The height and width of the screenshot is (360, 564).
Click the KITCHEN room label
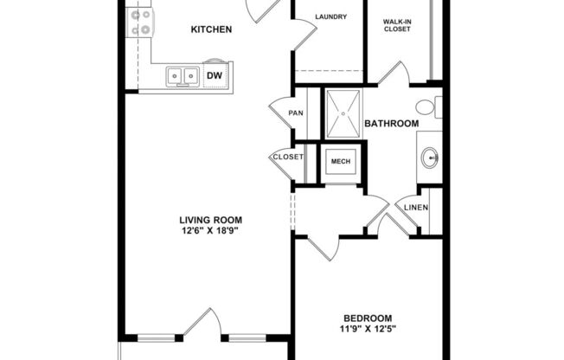211,30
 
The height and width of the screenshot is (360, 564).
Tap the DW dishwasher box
215,76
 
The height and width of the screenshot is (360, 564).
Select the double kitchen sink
183,77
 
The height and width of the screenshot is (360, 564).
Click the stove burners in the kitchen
140,22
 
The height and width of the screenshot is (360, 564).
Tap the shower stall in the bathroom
342,112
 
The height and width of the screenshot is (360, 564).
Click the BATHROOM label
391,124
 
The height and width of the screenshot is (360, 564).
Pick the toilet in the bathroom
426,108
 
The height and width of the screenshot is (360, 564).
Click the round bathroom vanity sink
430,158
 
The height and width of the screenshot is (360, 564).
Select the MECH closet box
338,161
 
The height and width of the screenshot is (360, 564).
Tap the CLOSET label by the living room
288,157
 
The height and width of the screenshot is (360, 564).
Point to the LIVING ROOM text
211,220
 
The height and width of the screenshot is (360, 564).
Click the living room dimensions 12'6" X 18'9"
211,231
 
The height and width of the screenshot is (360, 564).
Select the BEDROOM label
368,318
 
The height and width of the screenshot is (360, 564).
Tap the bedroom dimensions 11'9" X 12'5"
368,329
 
